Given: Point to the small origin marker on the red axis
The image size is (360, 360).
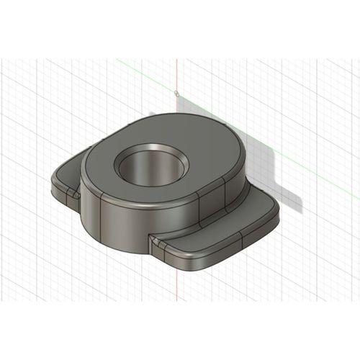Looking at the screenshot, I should click(x=176, y=93).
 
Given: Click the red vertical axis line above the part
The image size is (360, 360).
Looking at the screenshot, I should click(x=176, y=72).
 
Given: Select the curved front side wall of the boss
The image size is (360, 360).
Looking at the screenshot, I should click(x=122, y=220).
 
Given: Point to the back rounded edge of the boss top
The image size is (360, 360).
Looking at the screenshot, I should click(x=180, y=117).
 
